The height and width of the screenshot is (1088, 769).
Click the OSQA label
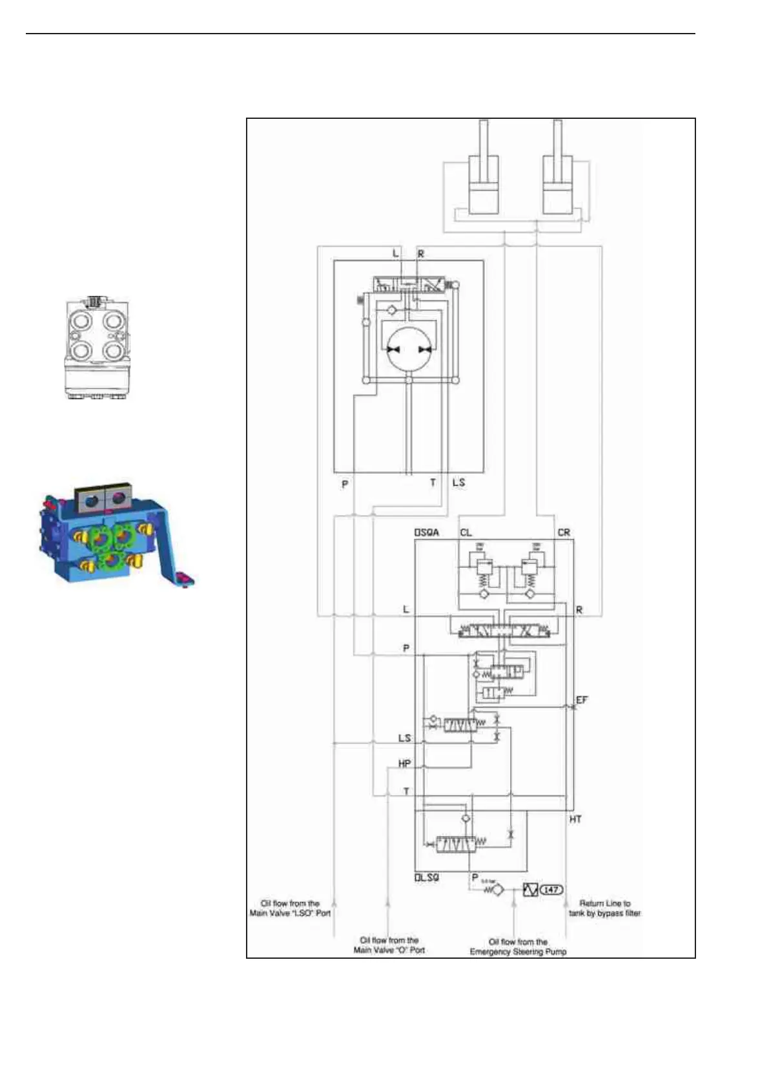click(x=426, y=532)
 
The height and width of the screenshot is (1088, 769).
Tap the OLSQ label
click(x=426, y=878)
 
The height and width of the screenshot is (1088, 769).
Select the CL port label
click(x=466, y=532)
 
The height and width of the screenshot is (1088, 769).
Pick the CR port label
click(x=564, y=532)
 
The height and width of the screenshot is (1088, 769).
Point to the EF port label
click(x=582, y=700)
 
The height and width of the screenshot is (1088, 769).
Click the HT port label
click(x=575, y=819)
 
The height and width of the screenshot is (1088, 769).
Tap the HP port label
click(x=405, y=764)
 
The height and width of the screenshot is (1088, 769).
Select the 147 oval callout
click(x=551, y=890)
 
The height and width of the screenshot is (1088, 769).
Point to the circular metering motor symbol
click(x=409, y=349)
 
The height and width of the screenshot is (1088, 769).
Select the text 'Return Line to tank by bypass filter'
click(x=605, y=908)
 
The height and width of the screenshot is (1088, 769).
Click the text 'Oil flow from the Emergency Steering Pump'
click(x=518, y=947)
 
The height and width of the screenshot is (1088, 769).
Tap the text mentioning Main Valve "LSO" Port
click(x=291, y=908)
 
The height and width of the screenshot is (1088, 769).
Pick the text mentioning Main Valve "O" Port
click(x=389, y=945)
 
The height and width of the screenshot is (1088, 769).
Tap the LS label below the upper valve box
click(x=458, y=483)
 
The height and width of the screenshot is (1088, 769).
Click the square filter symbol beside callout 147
click(x=530, y=890)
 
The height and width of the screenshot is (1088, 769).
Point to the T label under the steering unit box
click(x=433, y=483)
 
